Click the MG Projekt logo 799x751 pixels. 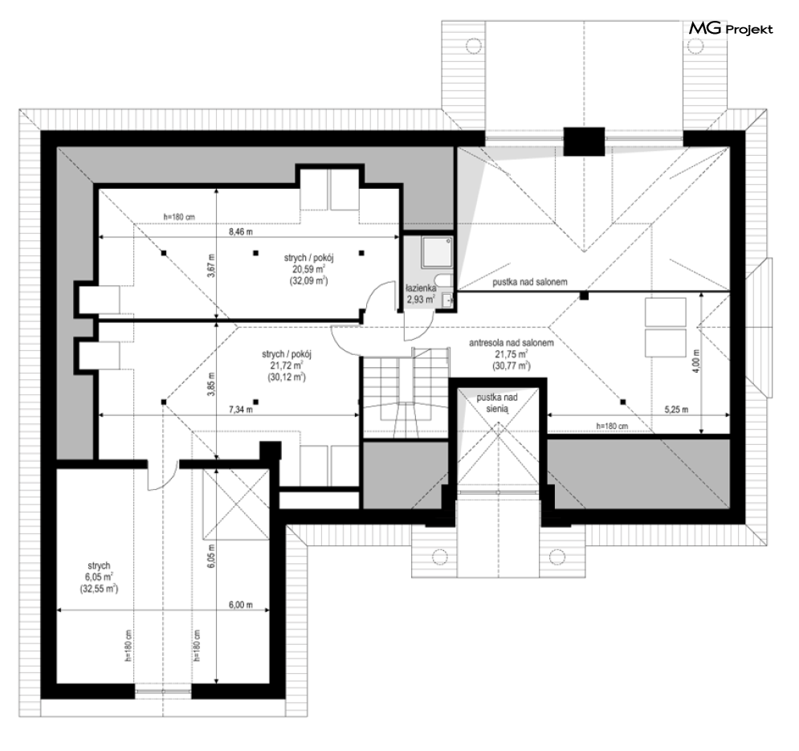pyautogui.click(x=731, y=29)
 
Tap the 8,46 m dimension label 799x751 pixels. pyautogui.click(x=241, y=231)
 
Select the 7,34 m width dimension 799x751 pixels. pyautogui.click(x=241, y=410)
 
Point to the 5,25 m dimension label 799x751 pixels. pyautogui.click(x=676, y=410)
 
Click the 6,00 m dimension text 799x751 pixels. pyautogui.click(x=241, y=605)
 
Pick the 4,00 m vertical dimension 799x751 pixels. pyautogui.click(x=696, y=360)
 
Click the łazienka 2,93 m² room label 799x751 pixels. pyautogui.click(x=421, y=294)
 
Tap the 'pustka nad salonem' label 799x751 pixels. pyautogui.click(x=530, y=282)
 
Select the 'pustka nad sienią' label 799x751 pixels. pyautogui.click(x=497, y=402)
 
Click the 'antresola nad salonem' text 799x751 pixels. pyautogui.click(x=511, y=343)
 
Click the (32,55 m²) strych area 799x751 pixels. pyautogui.click(x=98, y=589)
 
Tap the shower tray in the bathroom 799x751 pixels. pyautogui.click(x=437, y=252)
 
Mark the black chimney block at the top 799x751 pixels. pyautogui.click(x=584, y=141)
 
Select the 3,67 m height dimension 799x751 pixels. pyautogui.click(x=211, y=265)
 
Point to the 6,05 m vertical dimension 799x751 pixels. pyautogui.click(x=211, y=556)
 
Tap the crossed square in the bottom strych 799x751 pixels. pyautogui.click(x=235, y=504)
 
